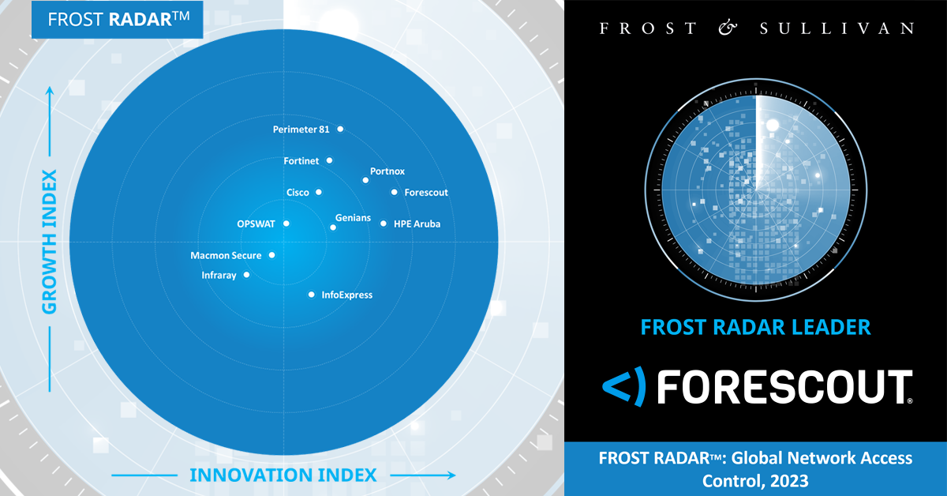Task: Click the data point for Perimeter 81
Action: pyautogui.click(x=340, y=129)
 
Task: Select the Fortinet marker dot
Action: pyautogui.click(x=329, y=160)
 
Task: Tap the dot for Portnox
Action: pyautogui.click(x=365, y=180)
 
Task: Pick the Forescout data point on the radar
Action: pyautogui.click(x=394, y=192)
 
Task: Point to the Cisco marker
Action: pyautogui.click(x=319, y=192)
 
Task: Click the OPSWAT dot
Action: pyautogui.click(x=286, y=224)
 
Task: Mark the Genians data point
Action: pyautogui.click(x=333, y=227)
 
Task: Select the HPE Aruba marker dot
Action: pyautogui.click(x=384, y=224)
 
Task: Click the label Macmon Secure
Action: pyautogui.click(x=226, y=255)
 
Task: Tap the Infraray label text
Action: pyautogui.click(x=219, y=275)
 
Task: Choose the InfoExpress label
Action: pyautogui.click(x=347, y=295)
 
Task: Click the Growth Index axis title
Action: pyautogui.click(x=50, y=242)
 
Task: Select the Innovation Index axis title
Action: pyautogui.click(x=283, y=475)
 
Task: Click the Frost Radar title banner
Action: pyautogui.click(x=118, y=20)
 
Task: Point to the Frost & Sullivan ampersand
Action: pyautogui.click(x=728, y=28)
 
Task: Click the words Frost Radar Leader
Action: pyautogui.click(x=755, y=327)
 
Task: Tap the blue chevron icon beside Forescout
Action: pyautogui.click(x=624, y=386)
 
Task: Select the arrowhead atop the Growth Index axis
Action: pyautogui.click(x=50, y=91)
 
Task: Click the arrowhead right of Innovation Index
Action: pyautogui.click(x=451, y=475)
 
